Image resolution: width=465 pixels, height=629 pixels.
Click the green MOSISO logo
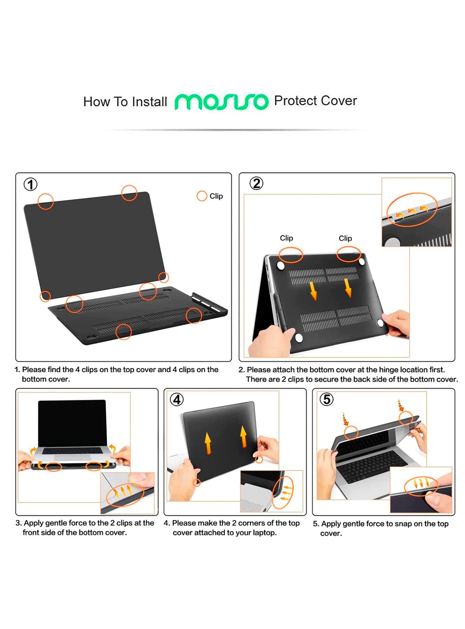pos(221,101)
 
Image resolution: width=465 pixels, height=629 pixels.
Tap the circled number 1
pos(30,185)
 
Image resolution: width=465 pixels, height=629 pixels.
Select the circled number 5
pos(327,399)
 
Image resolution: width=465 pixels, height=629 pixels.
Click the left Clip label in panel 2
pos(286,238)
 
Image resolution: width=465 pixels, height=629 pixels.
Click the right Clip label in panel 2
pos(345,238)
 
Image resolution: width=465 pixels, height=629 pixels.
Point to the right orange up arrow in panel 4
pos(243,436)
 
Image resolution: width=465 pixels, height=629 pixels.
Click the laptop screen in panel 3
pos(72,422)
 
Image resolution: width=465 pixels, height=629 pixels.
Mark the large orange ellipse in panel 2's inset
pos(412,209)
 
